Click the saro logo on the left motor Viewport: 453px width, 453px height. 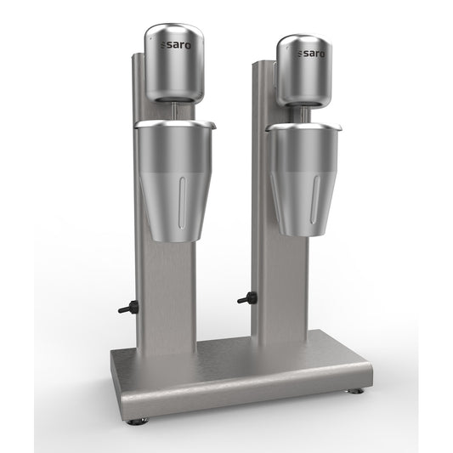[175, 45]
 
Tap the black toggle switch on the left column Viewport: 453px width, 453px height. [128, 308]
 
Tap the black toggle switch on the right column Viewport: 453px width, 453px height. [247, 297]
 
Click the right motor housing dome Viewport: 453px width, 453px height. [304, 70]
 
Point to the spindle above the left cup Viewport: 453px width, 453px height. [175, 111]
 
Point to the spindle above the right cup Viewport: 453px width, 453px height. [303, 115]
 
